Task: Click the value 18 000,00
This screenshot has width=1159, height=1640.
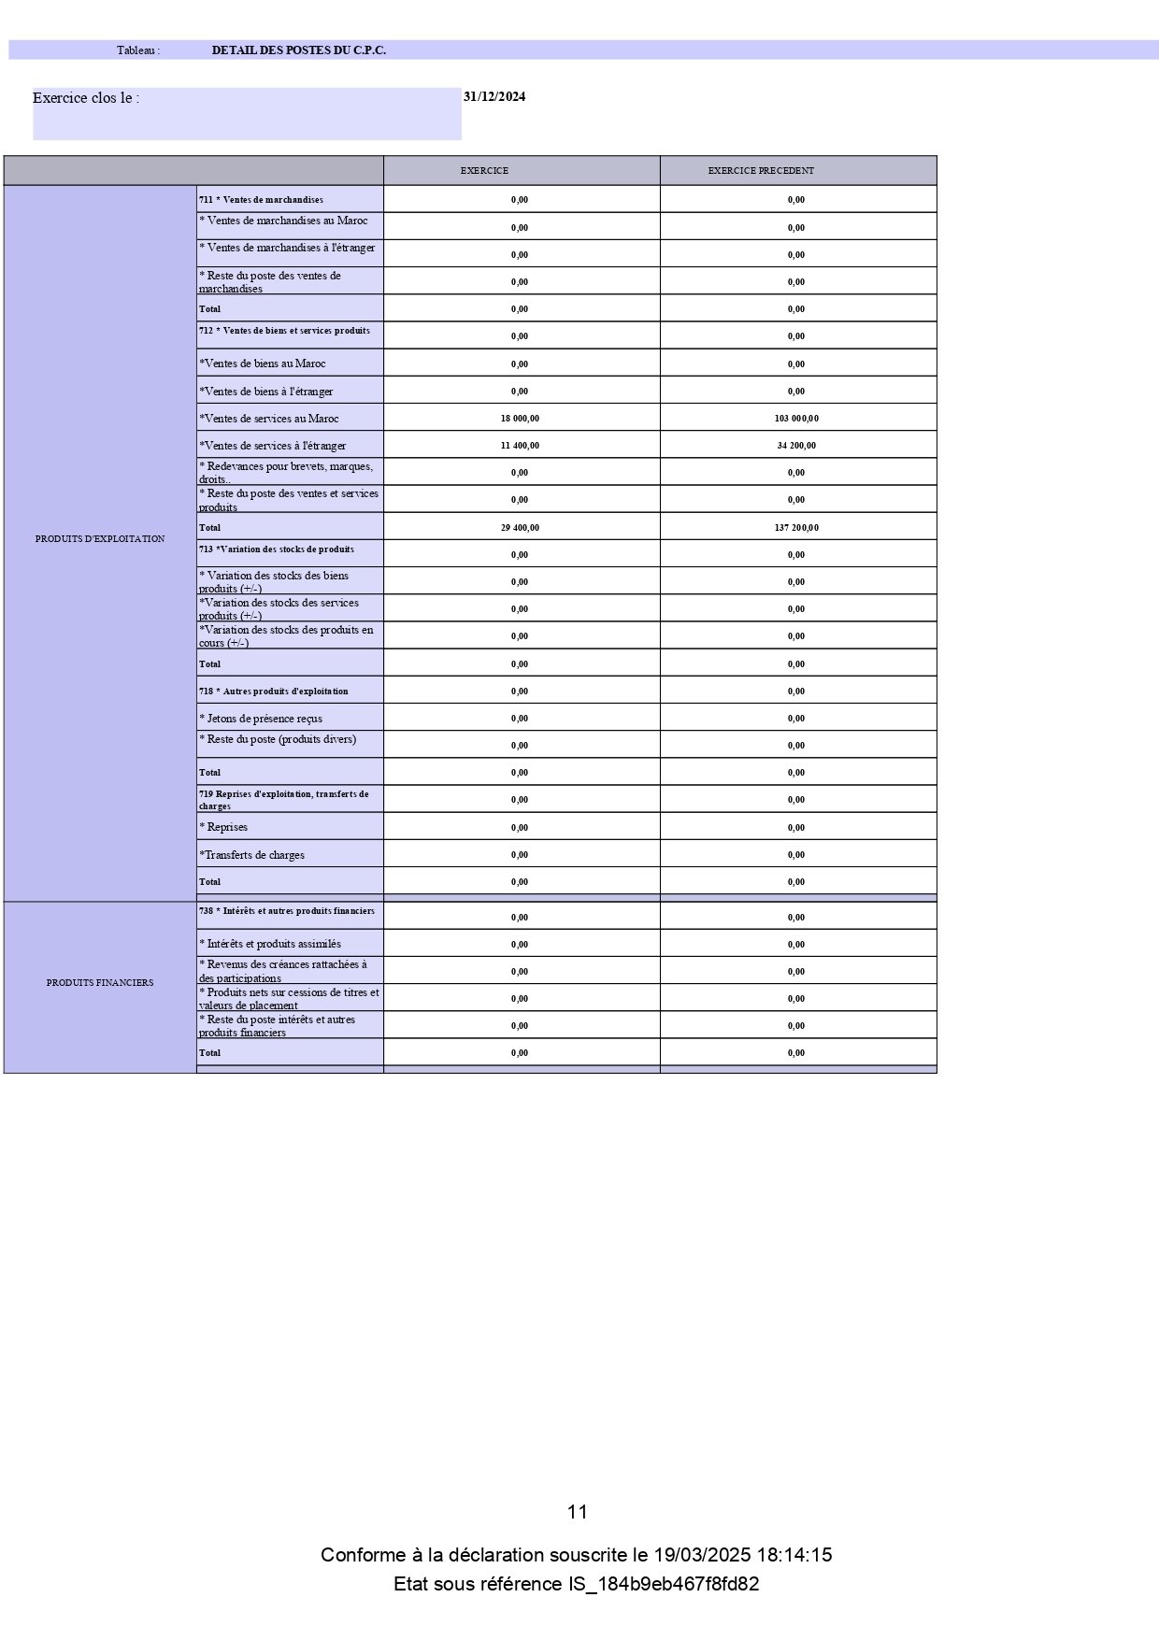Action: [520, 419]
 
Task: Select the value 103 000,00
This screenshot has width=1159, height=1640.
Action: [796, 419]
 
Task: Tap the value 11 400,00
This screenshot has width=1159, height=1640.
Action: [520, 446]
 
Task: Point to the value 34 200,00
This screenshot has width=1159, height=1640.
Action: [796, 446]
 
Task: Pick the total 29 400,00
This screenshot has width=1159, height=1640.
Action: [520, 528]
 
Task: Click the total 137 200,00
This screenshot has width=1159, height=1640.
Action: [796, 528]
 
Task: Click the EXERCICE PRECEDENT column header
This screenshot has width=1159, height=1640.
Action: [761, 171]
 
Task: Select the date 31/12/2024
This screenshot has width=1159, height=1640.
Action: [494, 96]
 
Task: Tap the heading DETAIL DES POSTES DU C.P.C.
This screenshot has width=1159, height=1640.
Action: [299, 50]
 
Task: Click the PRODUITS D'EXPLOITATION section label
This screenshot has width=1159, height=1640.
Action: [100, 539]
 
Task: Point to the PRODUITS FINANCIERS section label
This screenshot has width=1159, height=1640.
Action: [100, 983]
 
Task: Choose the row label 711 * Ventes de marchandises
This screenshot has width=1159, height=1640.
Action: [261, 200]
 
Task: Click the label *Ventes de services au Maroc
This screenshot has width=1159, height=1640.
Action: [269, 419]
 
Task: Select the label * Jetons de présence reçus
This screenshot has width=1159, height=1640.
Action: [261, 719]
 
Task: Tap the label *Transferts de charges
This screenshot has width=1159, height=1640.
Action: [251, 855]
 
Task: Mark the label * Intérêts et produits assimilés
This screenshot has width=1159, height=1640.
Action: [270, 944]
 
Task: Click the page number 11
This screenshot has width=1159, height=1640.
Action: [578, 1512]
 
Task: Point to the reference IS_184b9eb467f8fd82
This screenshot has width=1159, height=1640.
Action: [664, 1585]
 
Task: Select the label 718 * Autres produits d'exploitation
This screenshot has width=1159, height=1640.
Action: [273, 692]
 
